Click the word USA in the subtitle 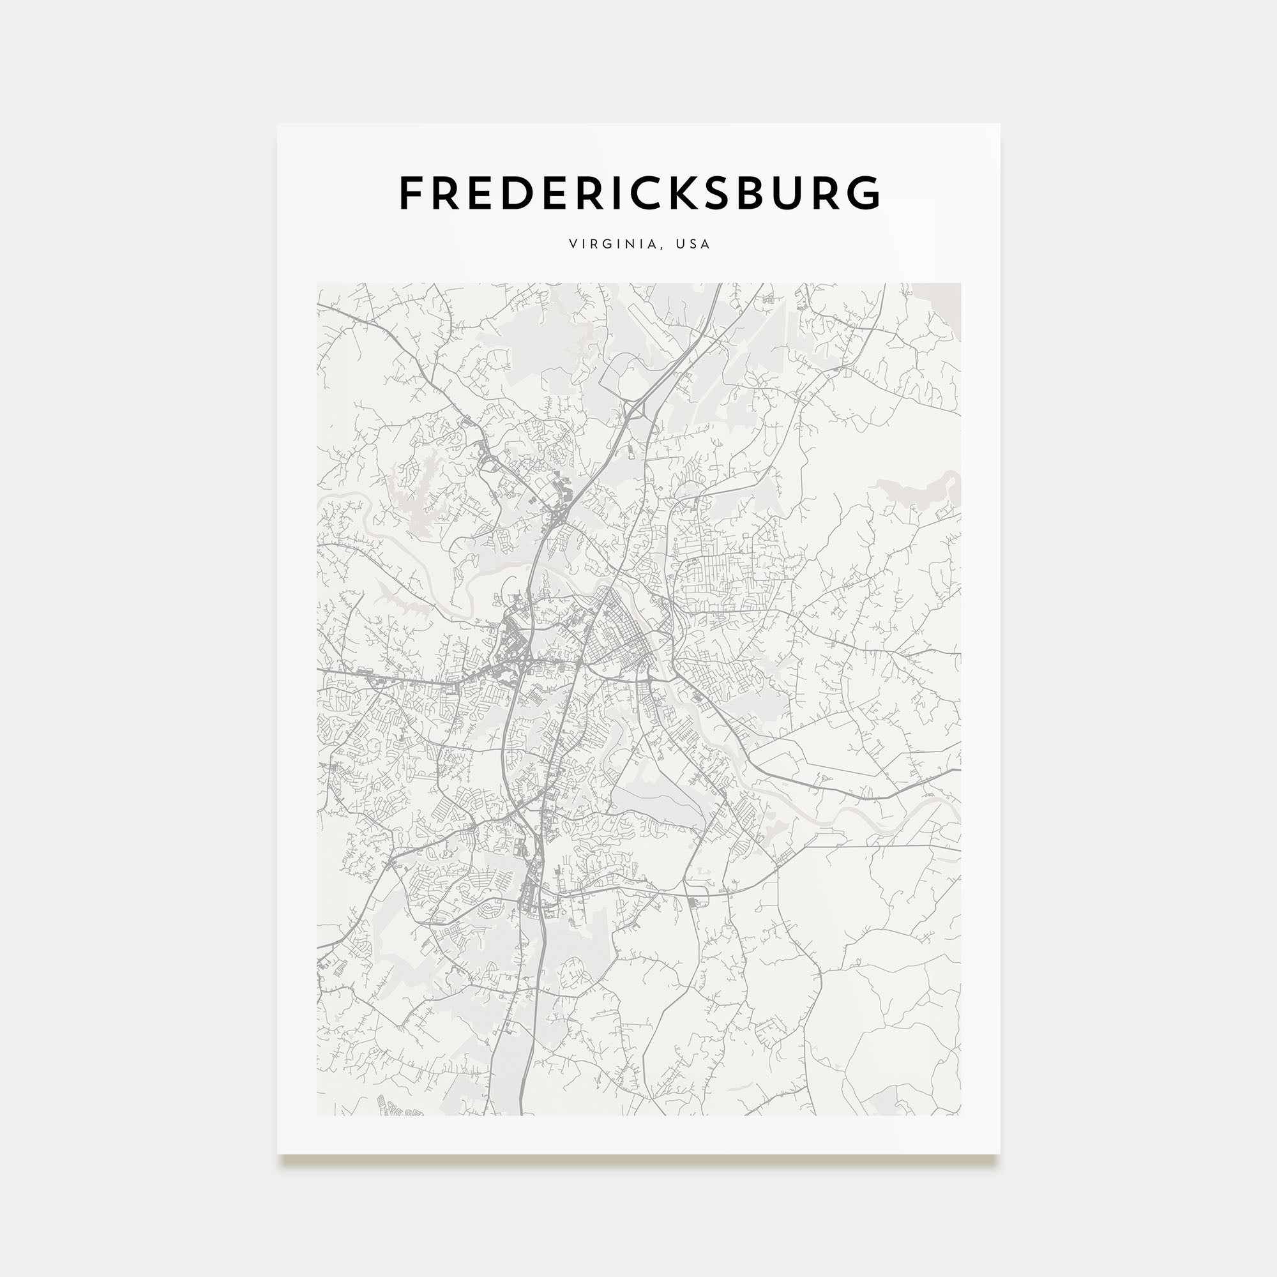click(x=693, y=244)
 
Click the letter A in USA click(x=706, y=244)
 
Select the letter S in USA click(x=693, y=244)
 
